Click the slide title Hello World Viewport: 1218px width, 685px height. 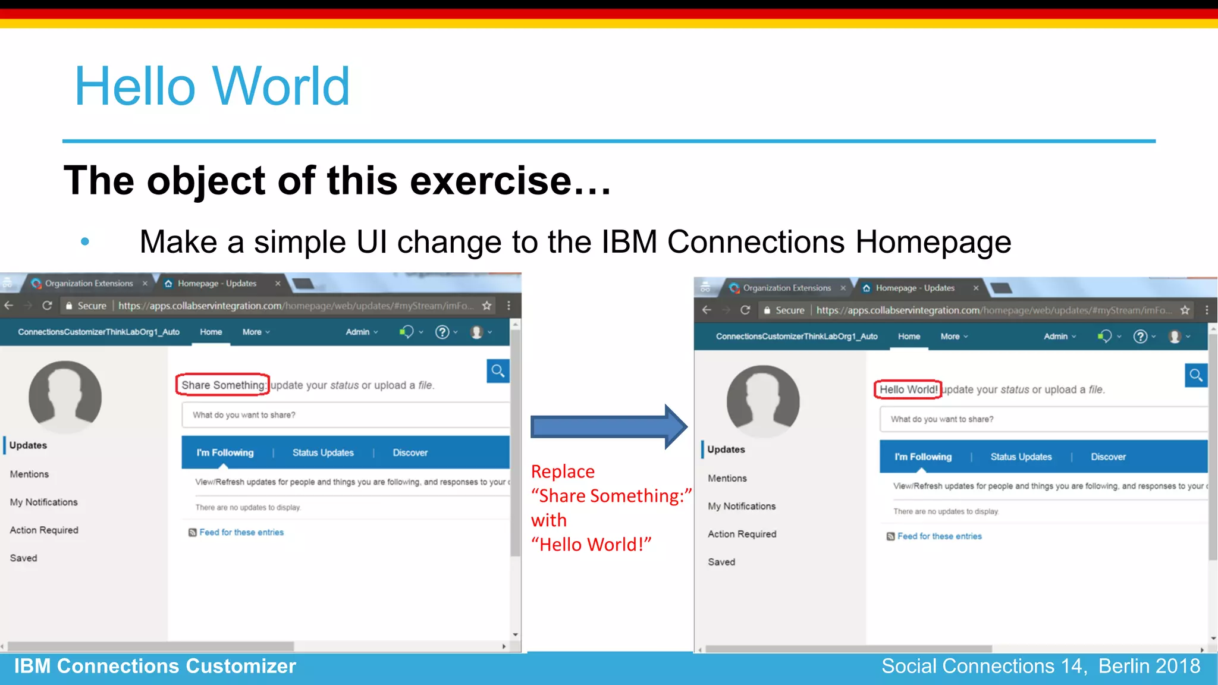212,87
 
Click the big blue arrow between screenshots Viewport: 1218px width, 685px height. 608,427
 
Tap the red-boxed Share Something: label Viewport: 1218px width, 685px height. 223,385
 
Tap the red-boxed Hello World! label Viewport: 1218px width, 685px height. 908,389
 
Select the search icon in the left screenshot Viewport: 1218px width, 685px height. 498,371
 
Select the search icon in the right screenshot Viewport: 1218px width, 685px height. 1195,375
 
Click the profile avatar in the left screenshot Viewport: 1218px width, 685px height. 65,397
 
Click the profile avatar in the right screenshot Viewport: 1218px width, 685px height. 763,401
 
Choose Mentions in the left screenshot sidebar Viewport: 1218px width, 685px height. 29,474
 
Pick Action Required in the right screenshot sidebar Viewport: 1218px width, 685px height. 742,534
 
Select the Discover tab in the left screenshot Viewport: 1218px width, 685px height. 410,453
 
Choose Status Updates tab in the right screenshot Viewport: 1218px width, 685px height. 1021,457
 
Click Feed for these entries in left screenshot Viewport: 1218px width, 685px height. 241,532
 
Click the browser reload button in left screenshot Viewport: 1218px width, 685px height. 48,306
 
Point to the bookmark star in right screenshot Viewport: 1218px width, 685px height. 1185,310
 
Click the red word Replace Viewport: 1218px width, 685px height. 563,472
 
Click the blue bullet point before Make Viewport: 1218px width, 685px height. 85,241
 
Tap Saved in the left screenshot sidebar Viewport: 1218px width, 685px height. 23,558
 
